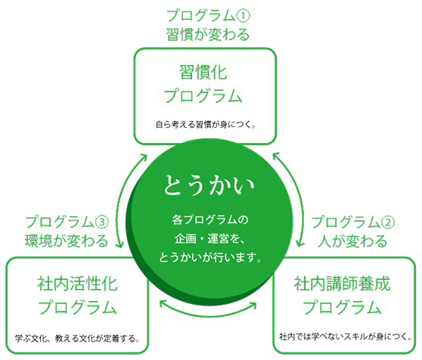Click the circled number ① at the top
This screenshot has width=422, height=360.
coord(243,16)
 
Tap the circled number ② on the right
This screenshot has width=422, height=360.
coord(388,222)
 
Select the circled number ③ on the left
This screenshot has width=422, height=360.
coord(102,222)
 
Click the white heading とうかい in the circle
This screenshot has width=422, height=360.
coord(209,185)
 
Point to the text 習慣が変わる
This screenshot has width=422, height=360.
coord(208,35)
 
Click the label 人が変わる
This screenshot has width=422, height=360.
coord(352,241)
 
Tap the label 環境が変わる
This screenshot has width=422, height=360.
coord(67,241)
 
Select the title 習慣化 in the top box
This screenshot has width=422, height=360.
coord(203,72)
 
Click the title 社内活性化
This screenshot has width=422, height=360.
coord(77,284)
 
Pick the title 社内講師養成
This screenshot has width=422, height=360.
coord(342,284)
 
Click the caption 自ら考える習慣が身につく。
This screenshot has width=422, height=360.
coord(206,125)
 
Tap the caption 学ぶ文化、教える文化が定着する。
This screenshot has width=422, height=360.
coord(77,338)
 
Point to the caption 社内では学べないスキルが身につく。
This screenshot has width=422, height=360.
coord(345,337)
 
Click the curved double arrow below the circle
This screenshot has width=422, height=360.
coord(208,315)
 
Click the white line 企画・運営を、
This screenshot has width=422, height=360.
coord(209,239)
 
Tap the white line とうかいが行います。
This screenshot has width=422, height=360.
coord(210,257)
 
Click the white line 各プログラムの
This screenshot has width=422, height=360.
coord(210,220)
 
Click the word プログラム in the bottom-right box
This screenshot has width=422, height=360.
coord(342,307)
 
